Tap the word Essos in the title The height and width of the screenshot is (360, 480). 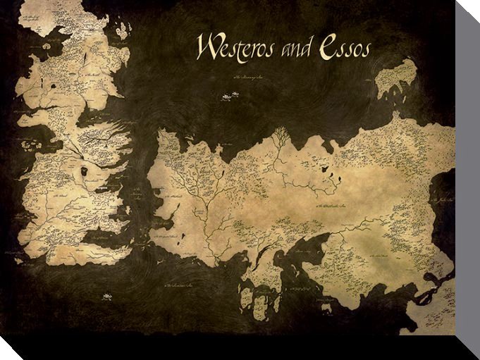(344, 48)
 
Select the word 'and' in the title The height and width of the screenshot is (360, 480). (293, 49)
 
